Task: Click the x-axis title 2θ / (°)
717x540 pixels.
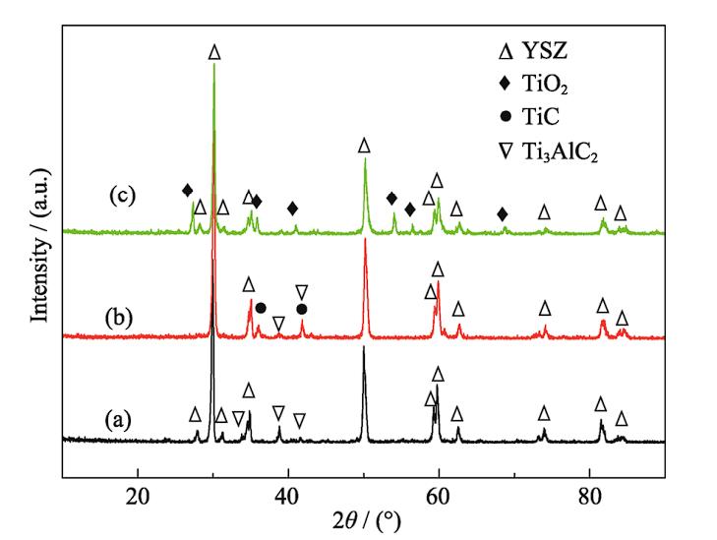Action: (364, 520)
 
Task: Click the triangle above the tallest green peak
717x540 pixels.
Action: (214, 51)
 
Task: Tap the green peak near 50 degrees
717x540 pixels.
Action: (365, 161)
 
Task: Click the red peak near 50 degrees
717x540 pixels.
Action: (365, 242)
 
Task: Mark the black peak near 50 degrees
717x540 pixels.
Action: (364, 349)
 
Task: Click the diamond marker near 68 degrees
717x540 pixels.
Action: (503, 214)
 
